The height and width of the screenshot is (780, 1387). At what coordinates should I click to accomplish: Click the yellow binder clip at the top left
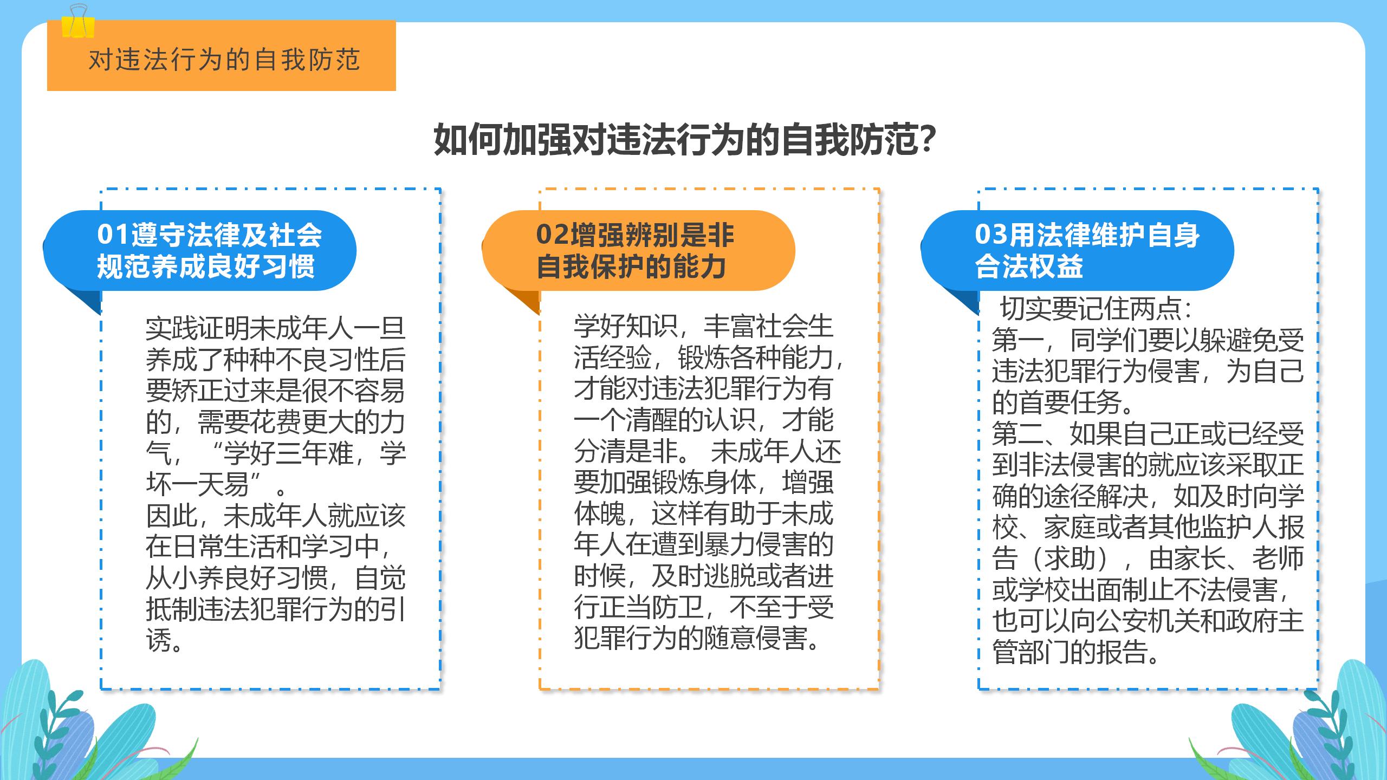coord(78,21)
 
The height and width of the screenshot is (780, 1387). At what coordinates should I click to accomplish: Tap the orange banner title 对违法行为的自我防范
coord(224,60)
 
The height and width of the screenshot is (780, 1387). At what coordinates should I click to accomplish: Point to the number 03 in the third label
coord(991,235)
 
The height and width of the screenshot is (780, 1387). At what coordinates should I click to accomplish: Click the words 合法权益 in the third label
coord(1029,266)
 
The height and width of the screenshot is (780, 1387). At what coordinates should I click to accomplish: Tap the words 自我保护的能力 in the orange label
coord(631,266)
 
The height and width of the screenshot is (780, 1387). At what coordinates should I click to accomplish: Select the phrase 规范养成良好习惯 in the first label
coord(206,266)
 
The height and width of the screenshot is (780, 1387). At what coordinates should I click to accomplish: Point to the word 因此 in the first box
coord(172,516)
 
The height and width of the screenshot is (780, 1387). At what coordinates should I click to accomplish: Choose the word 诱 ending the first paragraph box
coord(159,640)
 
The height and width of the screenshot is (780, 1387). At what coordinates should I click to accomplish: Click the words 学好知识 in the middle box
coord(626,326)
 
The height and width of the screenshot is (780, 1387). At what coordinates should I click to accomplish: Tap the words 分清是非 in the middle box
coord(626,451)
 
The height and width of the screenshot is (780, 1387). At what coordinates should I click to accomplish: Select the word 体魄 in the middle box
coord(600,513)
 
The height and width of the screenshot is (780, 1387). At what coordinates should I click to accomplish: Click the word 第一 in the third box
coord(1017,340)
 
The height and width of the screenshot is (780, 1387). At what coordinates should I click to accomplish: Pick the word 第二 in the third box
coord(1017,433)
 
